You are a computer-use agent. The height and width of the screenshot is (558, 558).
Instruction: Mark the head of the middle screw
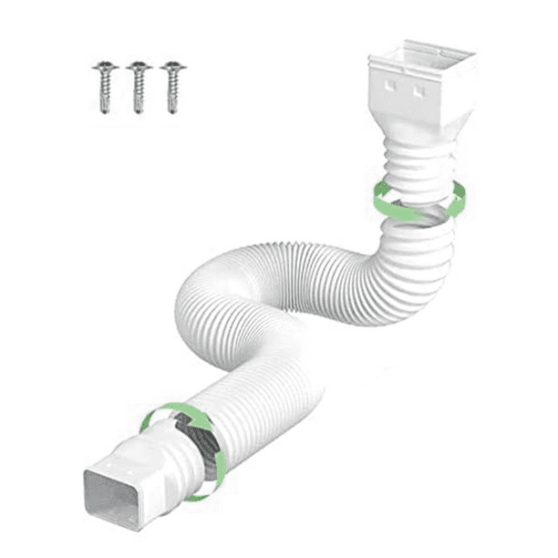click(x=138, y=67)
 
